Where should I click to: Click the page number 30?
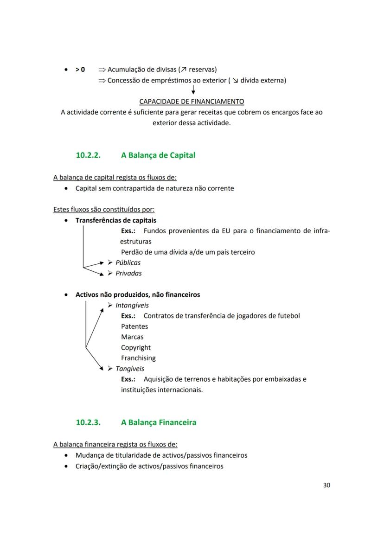click(x=326, y=485)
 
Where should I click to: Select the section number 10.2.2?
click(x=88, y=155)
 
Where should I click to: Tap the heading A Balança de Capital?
click(x=158, y=155)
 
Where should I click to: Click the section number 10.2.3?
click(x=88, y=422)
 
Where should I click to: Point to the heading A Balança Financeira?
click(x=159, y=422)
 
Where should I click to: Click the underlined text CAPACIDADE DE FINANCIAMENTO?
click(x=192, y=101)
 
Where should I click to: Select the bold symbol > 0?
click(x=80, y=69)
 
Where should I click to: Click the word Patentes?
click(x=134, y=326)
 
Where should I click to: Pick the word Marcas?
click(x=132, y=337)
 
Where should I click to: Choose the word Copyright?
click(x=136, y=347)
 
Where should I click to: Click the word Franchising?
click(x=138, y=358)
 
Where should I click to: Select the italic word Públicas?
click(x=128, y=262)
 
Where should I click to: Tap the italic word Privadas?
click(x=128, y=273)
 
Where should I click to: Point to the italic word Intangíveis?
click(x=132, y=305)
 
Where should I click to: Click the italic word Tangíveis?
click(x=130, y=369)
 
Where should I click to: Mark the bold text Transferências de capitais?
click(x=116, y=220)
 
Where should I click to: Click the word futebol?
click(x=288, y=315)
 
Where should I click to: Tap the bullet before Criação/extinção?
click(x=68, y=466)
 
